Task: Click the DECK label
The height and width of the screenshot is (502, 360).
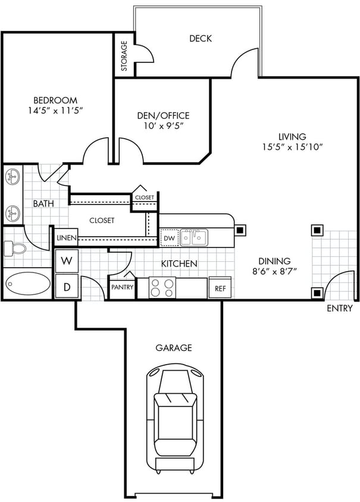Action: point(201,39)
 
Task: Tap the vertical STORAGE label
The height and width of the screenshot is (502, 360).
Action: point(124,56)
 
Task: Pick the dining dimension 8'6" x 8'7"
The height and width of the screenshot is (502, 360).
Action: point(274,271)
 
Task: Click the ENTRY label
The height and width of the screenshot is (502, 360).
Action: point(340,308)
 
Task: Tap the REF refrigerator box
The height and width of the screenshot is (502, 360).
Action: point(220,288)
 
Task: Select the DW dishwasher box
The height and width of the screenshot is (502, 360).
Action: point(168,238)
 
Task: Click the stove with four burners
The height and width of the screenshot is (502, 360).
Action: point(162,288)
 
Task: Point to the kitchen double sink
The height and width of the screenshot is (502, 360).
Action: point(194,237)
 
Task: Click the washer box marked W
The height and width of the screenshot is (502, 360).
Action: point(67,261)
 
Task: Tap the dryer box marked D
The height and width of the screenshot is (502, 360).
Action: point(67,287)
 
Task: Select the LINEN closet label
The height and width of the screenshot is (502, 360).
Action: point(66,238)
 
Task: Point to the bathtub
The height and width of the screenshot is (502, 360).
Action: point(29,284)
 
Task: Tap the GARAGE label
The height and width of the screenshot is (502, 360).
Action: point(174,348)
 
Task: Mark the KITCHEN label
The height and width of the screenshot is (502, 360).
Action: point(179,263)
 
